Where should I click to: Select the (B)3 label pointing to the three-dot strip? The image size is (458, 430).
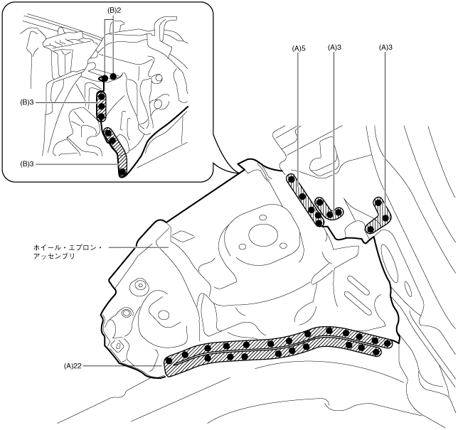(29, 102)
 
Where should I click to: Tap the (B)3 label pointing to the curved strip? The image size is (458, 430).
(29, 163)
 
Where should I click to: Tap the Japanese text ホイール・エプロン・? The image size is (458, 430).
(68, 247)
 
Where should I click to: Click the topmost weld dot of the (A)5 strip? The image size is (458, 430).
(291, 180)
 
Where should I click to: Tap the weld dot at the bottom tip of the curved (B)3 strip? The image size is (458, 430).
(123, 172)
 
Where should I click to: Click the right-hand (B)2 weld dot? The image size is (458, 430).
(113, 75)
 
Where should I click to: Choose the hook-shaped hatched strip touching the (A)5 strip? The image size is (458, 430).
(329, 211)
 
